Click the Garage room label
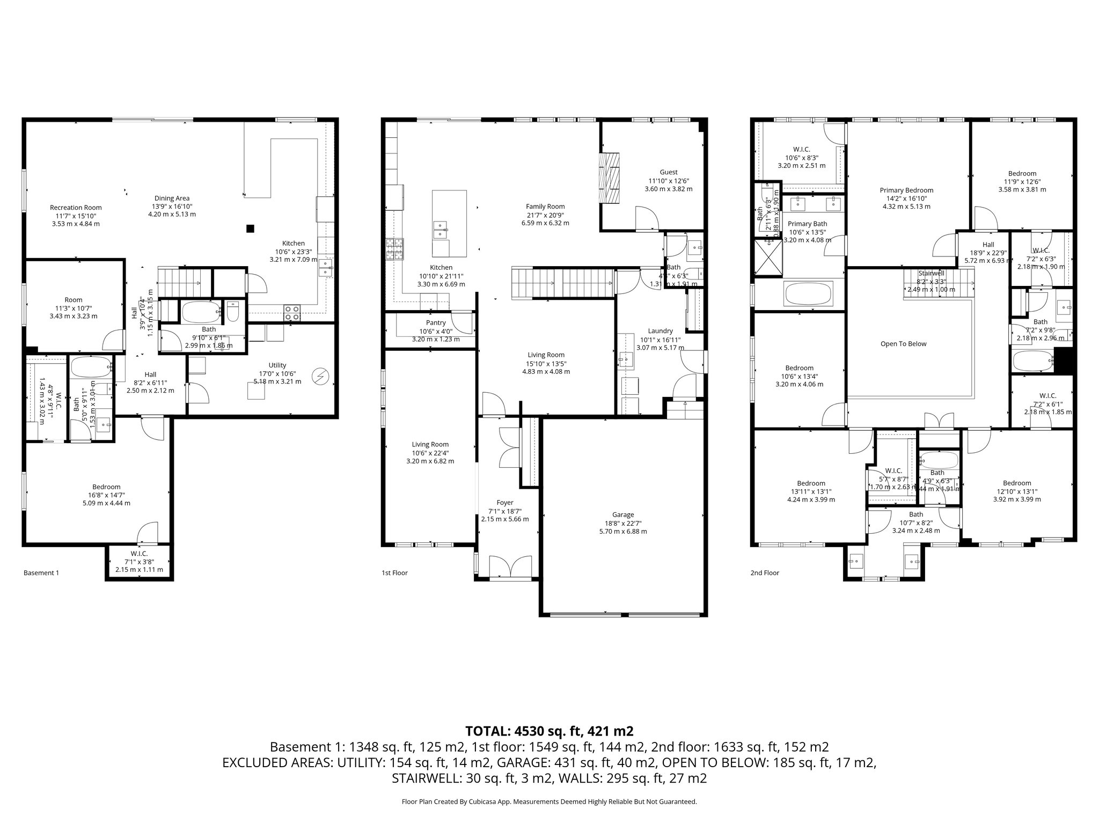click(622, 514)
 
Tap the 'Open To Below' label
click(903, 344)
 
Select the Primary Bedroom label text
click(906, 190)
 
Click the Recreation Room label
click(76, 208)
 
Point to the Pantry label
click(436, 323)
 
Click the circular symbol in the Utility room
click(320, 377)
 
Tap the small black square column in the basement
click(250, 229)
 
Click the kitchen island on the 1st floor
click(449, 223)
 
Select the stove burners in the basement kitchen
click(292, 313)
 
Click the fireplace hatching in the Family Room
click(609, 178)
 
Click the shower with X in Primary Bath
click(768, 258)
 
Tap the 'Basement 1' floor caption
click(41, 573)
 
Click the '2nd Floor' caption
click(764, 573)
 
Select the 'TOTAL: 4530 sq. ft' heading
click(549, 731)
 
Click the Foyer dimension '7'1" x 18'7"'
click(504, 511)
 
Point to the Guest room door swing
click(647, 219)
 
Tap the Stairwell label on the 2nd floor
click(931, 273)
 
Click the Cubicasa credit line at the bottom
click(549, 801)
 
